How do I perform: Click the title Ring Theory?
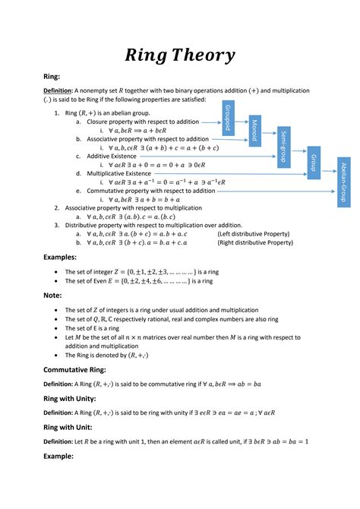180,55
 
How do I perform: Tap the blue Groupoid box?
226,118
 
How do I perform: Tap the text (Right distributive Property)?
256,242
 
